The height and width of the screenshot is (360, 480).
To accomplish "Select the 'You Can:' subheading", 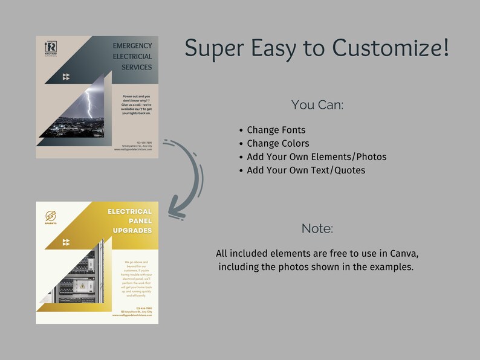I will pyautogui.click(x=317, y=104).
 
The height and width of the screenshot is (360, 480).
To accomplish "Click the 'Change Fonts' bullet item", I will pyautogui.click(x=276, y=130).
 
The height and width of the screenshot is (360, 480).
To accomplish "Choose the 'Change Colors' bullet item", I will pyautogui.click(x=277, y=143).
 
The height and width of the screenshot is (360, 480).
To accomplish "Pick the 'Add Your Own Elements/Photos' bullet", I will pyautogui.click(x=316, y=157).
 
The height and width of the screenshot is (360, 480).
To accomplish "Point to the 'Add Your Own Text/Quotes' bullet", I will pyautogui.click(x=306, y=170).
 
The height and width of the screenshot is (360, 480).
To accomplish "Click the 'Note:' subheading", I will pyautogui.click(x=317, y=229).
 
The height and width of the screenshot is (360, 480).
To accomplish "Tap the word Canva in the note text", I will pyautogui.click(x=403, y=252).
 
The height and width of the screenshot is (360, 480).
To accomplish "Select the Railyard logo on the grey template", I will pyautogui.click(x=51, y=49).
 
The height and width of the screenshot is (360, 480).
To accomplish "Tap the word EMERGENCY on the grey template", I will pyautogui.click(x=132, y=46).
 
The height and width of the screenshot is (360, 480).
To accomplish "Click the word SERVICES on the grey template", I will pyautogui.click(x=136, y=67).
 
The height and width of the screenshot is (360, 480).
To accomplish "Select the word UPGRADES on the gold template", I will pyautogui.click(x=132, y=231).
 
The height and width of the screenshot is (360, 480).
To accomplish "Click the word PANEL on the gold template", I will pyautogui.click(x=140, y=221).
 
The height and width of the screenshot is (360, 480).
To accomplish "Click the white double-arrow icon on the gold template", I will pyautogui.click(x=66, y=242).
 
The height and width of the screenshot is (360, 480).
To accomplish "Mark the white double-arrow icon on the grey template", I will pyautogui.click(x=66, y=77).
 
